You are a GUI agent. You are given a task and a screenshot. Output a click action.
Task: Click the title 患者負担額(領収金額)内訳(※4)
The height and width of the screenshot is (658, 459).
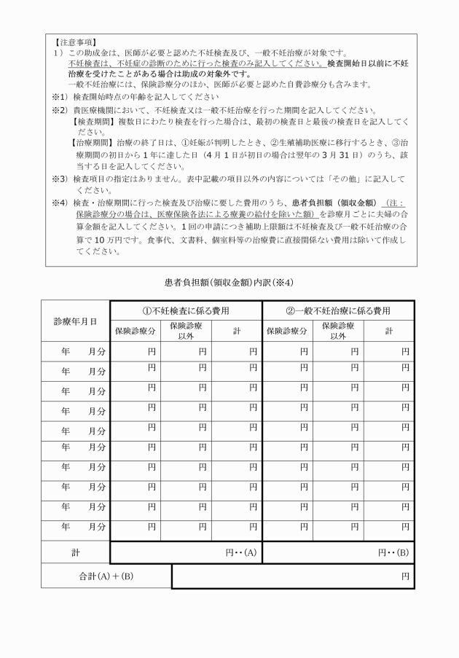click(229, 282)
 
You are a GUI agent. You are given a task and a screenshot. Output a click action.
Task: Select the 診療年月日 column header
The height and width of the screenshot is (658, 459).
click(75, 321)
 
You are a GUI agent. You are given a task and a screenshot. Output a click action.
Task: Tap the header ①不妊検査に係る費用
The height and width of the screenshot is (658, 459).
click(186, 310)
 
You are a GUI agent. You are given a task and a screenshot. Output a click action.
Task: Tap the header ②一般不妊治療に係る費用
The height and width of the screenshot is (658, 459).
click(338, 310)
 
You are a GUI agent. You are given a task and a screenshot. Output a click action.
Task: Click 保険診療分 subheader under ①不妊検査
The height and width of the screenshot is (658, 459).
click(136, 331)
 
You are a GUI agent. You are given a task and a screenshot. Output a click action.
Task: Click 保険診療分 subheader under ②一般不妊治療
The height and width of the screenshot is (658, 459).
click(288, 331)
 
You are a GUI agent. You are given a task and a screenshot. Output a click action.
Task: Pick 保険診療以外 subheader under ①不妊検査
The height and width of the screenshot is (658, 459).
click(186, 331)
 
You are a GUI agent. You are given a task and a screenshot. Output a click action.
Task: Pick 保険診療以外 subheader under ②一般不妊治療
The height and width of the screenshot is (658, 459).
click(338, 331)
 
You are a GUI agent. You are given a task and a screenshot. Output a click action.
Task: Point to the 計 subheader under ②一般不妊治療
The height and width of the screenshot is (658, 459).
click(388, 331)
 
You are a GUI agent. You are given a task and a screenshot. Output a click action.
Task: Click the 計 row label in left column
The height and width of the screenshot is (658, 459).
click(75, 552)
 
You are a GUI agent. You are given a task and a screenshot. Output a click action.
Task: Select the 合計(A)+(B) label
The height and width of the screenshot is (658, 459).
click(106, 576)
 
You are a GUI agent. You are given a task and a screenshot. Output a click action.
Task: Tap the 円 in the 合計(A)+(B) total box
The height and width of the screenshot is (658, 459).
click(406, 576)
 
